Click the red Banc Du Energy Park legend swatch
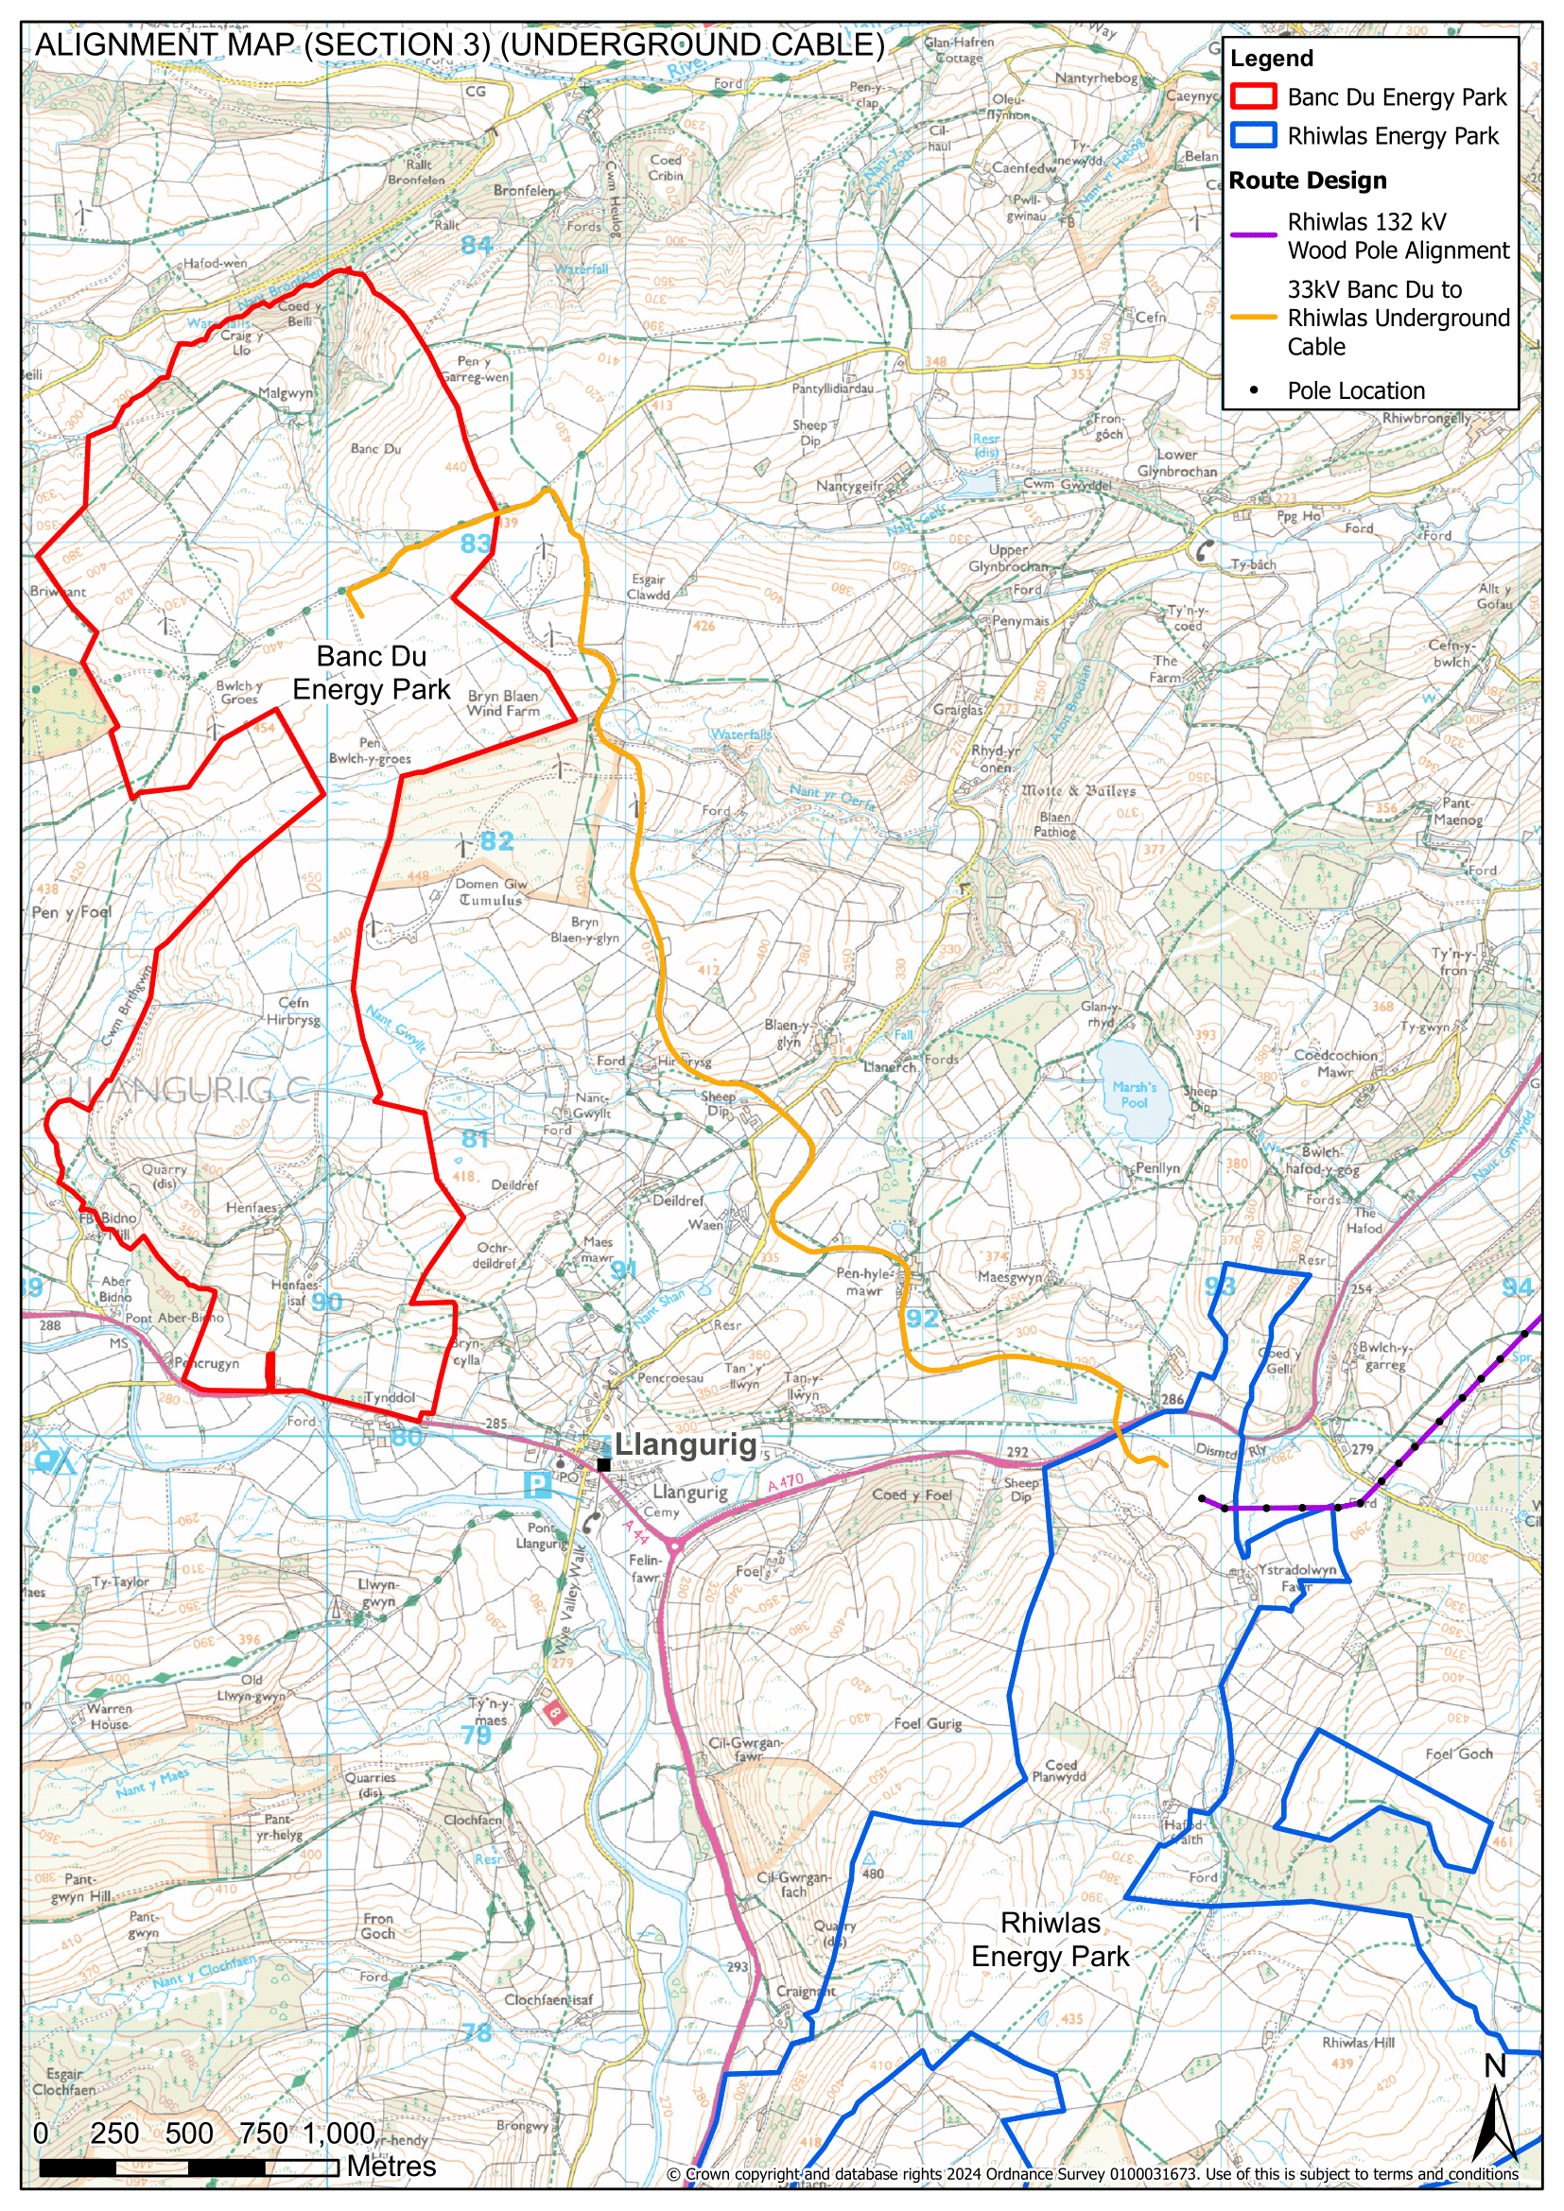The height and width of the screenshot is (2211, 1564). pyautogui.click(x=1253, y=96)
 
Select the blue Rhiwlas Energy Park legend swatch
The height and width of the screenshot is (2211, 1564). pyautogui.click(x=1253, y=136)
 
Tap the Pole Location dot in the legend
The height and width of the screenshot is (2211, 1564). pyautogui.click(x=1253, y=390)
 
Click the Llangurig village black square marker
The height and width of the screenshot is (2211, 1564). pyautogui.click(x=603, y=1464)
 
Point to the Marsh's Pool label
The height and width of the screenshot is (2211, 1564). pyautogui.click(x=1134, y=1094)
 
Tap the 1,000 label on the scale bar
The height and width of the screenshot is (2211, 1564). pyautogui.click(x=339, y=2133)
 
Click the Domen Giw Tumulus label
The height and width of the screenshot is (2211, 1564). pyautogui.click(x=490, y=891)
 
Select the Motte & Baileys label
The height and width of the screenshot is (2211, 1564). pyautogui.click(x=1079, y=790)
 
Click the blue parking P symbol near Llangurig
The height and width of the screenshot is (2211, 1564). pyautogui.click(x=536, y=1485)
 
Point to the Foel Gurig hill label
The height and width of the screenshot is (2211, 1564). pyautogui.click(x=928, y=1724)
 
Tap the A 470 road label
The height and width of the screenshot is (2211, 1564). pyautogui.click(x=785, y=1484)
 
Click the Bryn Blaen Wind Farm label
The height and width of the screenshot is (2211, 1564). pyautogui.click(x=503, y=703)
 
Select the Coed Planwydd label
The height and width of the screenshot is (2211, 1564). pyautogui.click(x=1059, y=1771)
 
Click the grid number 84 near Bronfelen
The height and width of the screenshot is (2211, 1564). pyautogui.click(x=476, y=246)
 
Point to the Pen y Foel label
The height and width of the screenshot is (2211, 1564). pyautogui.click(x=71, y=911)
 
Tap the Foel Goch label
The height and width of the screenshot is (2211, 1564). pyautogui.click(x=1458, y=1753)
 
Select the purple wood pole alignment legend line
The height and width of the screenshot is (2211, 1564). pyautogui.click(x=1253, y=235)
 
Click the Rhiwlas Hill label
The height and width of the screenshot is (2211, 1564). pyautogui.click(x=1358, y=2043)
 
